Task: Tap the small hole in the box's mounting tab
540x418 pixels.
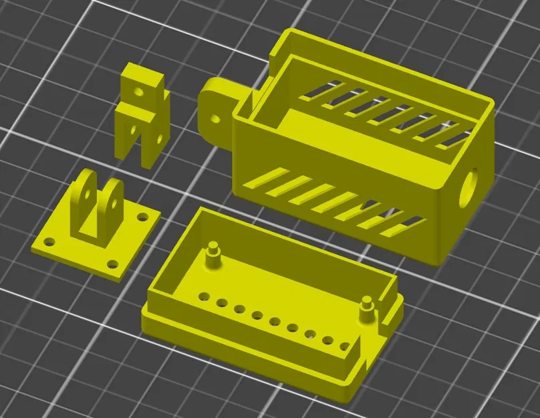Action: [215, 120]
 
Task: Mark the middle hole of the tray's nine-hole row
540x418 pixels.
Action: [274, 321]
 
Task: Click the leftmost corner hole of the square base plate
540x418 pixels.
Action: [48, 242]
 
